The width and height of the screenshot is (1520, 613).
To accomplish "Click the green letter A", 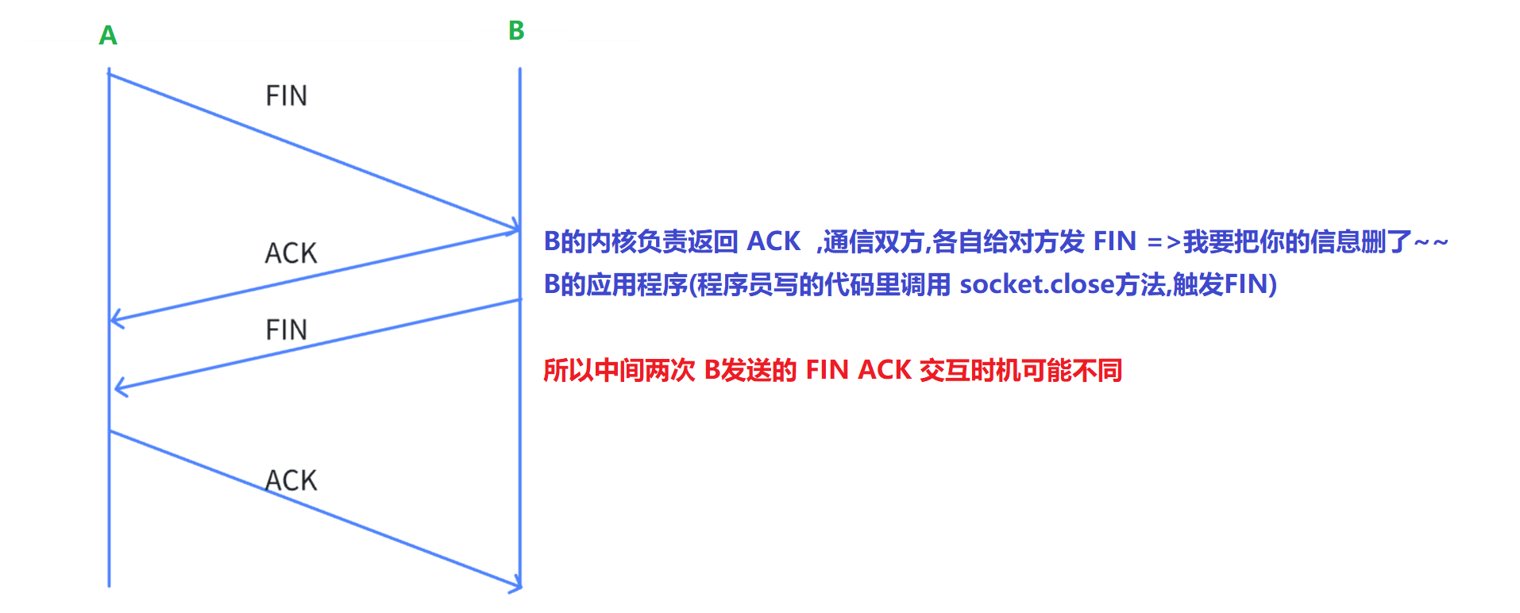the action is click(108, 36).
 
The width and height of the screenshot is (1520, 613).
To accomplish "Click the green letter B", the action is click(516, 31).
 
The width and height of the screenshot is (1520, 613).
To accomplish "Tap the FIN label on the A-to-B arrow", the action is click(286, 96).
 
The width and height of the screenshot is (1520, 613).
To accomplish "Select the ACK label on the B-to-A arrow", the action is click(291, 253).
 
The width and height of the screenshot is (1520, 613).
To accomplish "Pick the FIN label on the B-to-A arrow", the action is click(286, 330).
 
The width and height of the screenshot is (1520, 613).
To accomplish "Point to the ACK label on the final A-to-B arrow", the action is click(291, 480).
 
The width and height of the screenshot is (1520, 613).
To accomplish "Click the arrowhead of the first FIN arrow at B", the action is click(515, 228).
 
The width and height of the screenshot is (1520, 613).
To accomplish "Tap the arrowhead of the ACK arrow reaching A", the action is click(116, 319).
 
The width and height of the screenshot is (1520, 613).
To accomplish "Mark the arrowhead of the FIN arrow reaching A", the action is click(120, 387).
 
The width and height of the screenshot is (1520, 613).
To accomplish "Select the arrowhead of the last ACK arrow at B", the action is click(516, 586).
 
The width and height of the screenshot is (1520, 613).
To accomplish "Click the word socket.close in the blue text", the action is click(1036, 284).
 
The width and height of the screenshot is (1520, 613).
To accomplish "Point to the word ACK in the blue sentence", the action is click(774, 241).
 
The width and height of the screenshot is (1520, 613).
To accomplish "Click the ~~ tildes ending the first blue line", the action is click(1431, 241).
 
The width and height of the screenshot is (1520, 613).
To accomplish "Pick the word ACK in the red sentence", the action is click(885, 370).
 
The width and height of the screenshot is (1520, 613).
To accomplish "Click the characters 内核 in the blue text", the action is click(611, 241).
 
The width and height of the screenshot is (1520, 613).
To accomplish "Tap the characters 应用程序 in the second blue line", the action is click(637, 284).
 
